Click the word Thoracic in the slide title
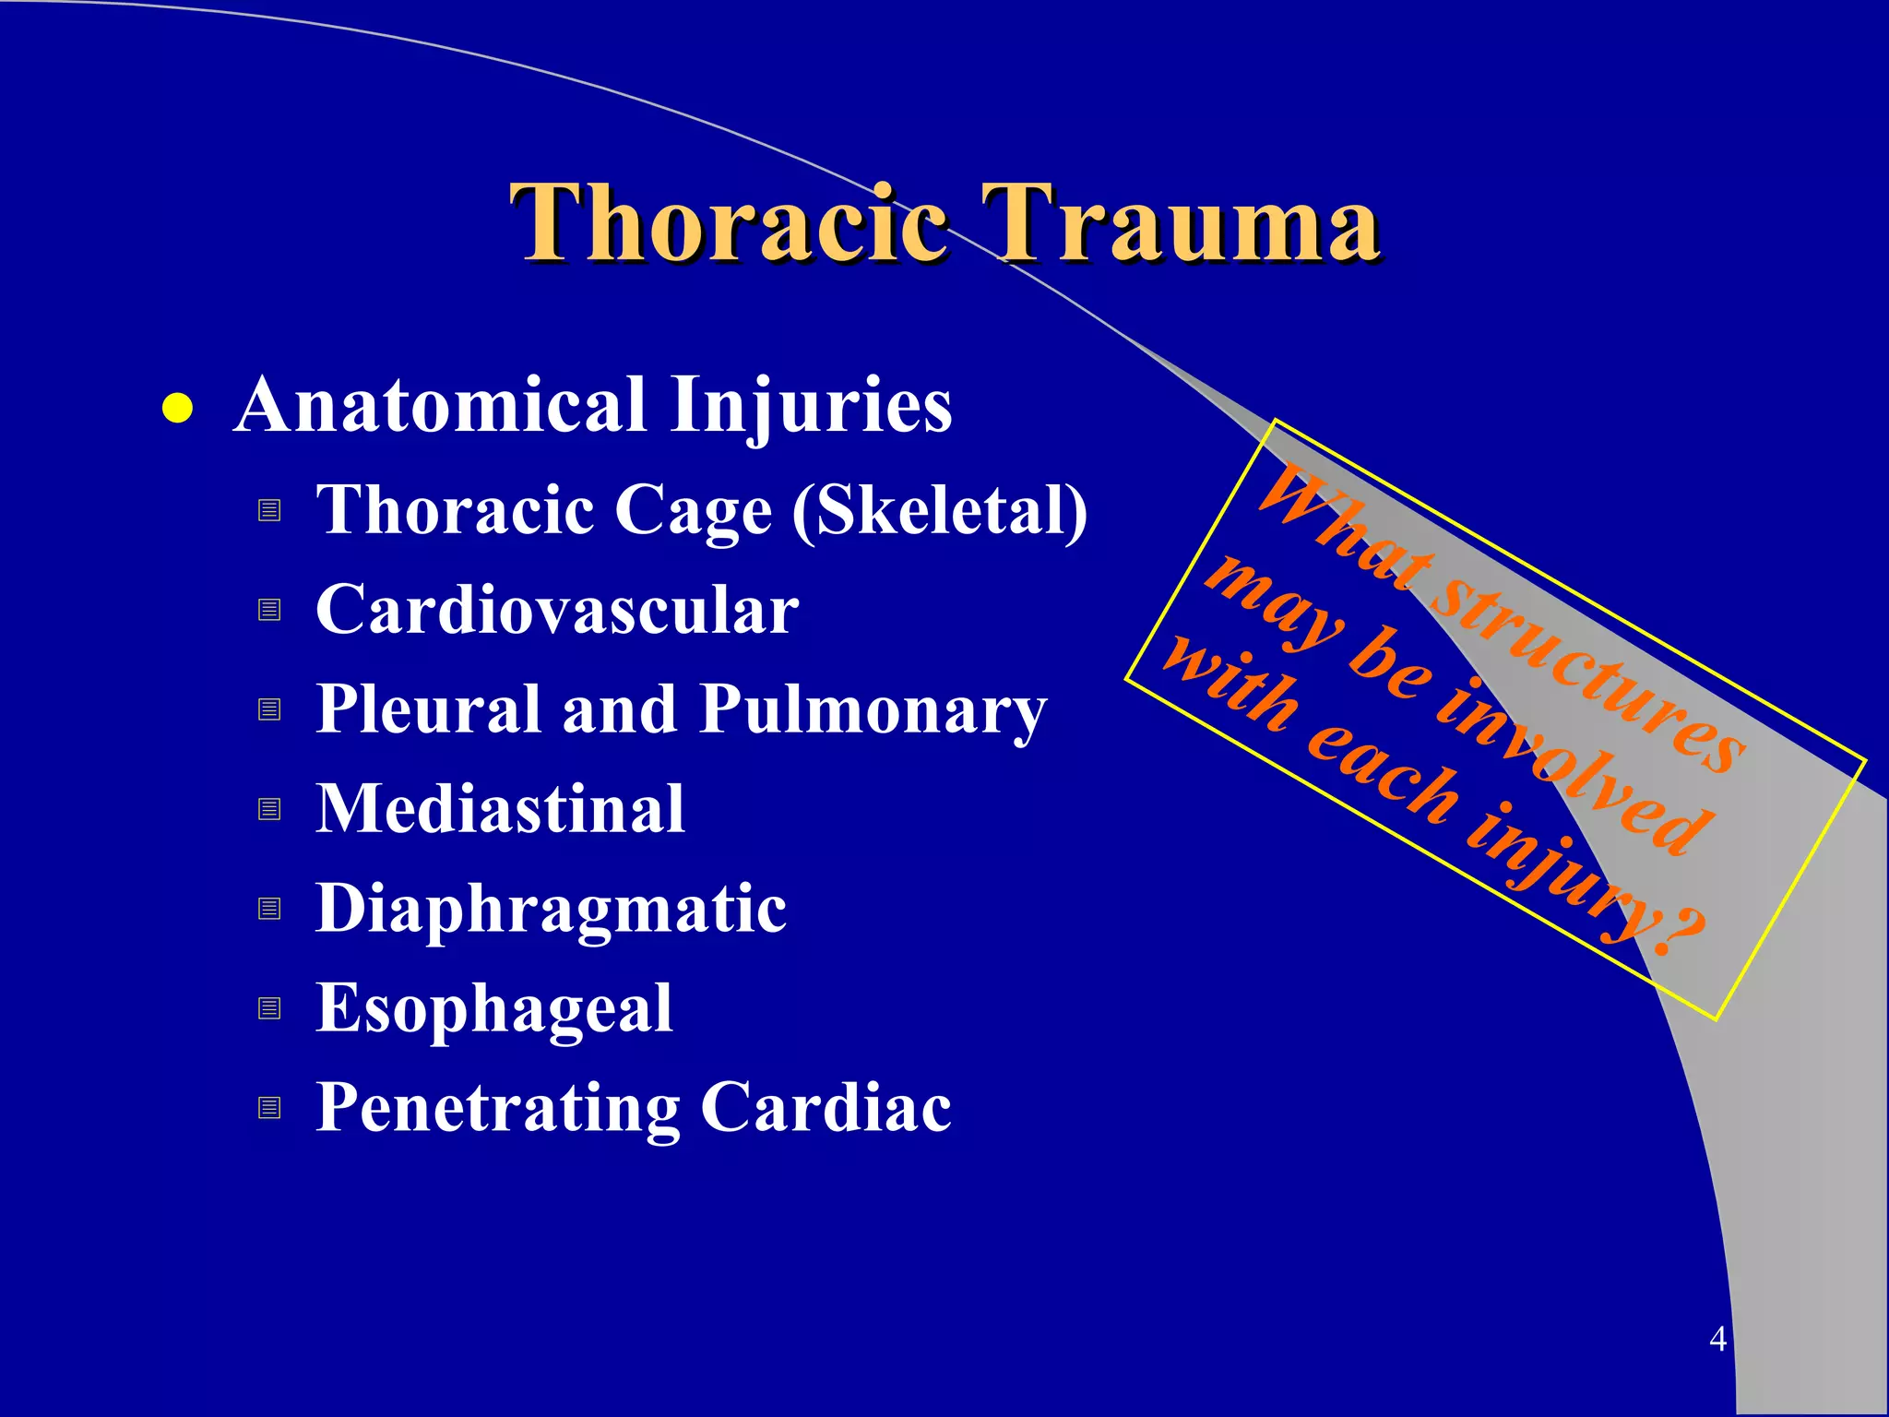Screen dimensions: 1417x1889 coord(729,223)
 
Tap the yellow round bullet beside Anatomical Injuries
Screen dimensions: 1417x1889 coord(176,409)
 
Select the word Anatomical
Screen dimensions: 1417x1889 coord(440,406)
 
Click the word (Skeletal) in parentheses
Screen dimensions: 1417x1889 coord(940,511)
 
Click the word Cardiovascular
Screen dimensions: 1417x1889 coord(557,610)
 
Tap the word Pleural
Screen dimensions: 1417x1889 coord(428,709)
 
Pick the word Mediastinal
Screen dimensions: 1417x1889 coord(500,809)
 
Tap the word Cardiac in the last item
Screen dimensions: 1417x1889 coord(826,1107)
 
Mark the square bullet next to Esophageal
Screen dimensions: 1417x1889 coord(269,1007)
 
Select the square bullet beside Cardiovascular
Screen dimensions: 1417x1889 coord(269,610)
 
